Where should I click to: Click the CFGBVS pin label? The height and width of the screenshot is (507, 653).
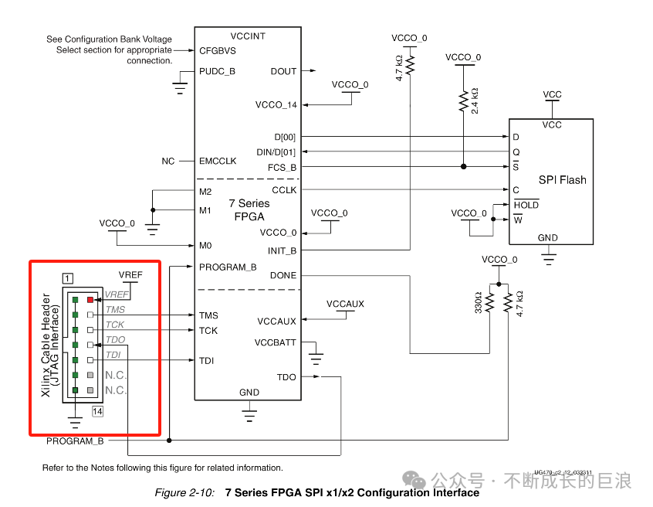tap(217, 51)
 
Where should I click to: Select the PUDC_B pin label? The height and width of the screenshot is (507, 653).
tap(217, 71)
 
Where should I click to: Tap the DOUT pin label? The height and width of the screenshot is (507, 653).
tap(283, 71)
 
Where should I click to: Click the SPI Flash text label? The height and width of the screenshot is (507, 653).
tap(562, 180)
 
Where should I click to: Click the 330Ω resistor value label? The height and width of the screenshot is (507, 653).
tap(479, 302)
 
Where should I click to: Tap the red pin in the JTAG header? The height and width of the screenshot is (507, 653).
tap(90, 299)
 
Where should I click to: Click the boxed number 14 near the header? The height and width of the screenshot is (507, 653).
tap(97, 411)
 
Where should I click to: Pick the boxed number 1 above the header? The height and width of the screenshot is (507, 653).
tap(69, 277)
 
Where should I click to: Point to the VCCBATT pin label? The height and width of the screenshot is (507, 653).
tap(275, 342)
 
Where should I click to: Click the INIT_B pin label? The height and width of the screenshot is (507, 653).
tap(283, 250)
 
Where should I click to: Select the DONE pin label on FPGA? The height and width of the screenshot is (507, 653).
tap(283, 276)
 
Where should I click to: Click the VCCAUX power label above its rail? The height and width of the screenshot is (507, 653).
tap(345, 304)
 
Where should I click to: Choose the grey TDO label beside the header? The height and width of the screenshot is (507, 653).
tap(115, 339)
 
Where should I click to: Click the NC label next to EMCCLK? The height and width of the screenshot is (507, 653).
tap(167, 161)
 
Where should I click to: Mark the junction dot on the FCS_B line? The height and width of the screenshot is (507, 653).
tap(463, 166)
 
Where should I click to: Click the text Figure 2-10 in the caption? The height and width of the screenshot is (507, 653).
tap(184, 493)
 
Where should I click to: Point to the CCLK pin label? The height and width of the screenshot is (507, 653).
tap(284, 190)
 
